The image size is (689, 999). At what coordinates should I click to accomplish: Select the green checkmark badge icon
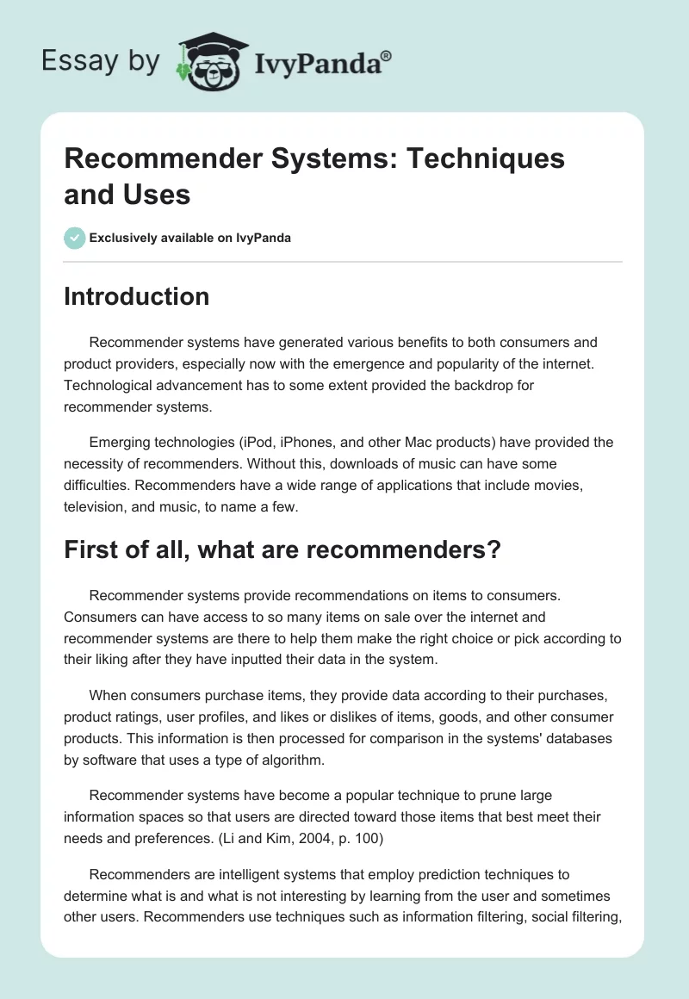click(x=75, y=238)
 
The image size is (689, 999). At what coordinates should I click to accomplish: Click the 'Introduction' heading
click(x=137, y=296)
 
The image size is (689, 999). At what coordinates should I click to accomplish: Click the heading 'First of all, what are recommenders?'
click(x=282, y=550)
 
